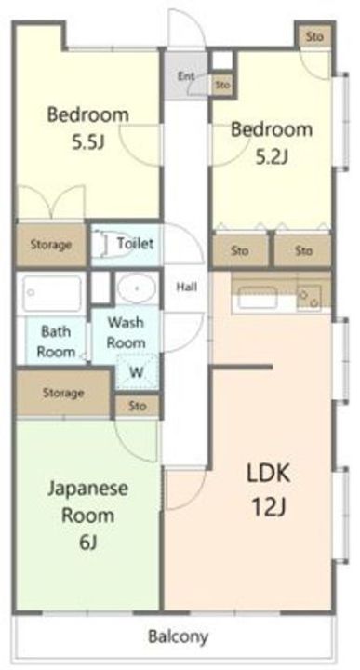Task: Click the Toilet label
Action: pyautogui.click(x=136, y=244)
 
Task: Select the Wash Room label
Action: pyautogui.click(x=126, y=331)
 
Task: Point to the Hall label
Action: pyautogui.click(x=185, y=287)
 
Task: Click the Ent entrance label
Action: pyautogui.click(x=186, y=76)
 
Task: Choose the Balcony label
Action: pyautogui.click(x=179, y=637)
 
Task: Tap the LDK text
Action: pyautogui.click(x=268, y=474)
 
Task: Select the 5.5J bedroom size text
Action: pyautogui.click(x=87, y=145)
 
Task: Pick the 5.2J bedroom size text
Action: pyautogui.click(x=271, y=156)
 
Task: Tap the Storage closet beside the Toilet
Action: pyautogui.click(x=50, y=245)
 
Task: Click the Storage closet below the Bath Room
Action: pyautogui.click(x=62, y=393)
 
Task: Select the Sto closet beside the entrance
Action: pyautogui.click(x=221, y=85)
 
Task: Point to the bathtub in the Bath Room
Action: pyautogui.click(x=52, y=294)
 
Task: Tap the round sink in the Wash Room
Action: pyautogui.click(x=137, y=290)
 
